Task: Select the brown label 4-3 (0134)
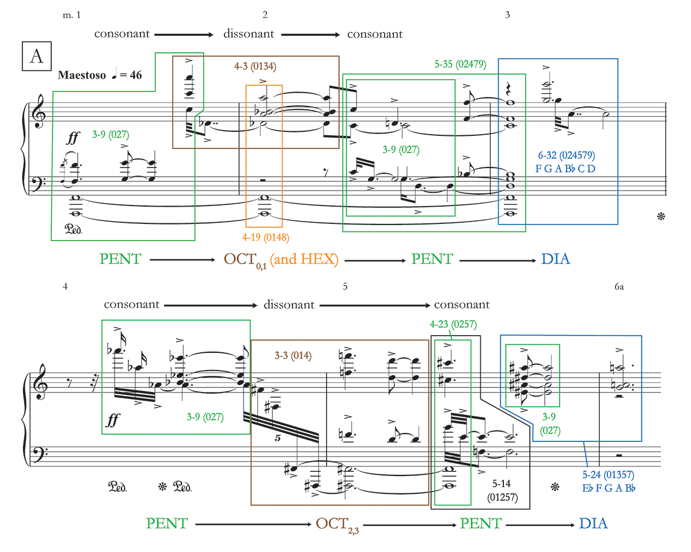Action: click(255, 66)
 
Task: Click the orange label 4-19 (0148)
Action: click(265, 237)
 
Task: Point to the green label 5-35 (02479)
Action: click(459, 64)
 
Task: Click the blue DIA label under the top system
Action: click(556, 259)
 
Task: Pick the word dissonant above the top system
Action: click(249, 34)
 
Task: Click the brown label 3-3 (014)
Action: click(293, 356)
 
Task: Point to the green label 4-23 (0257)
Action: click(453, 324)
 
